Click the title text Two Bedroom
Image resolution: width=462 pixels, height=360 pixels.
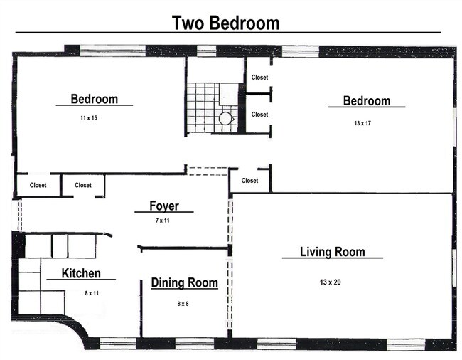(226, 23)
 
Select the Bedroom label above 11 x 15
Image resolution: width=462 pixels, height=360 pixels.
(94, 99)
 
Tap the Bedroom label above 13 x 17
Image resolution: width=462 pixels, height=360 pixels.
(366, 101)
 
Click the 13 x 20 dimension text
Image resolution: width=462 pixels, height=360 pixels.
(330, 282)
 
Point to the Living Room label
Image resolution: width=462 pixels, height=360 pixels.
(332, 252)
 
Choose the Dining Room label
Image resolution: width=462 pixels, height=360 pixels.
(184, 283)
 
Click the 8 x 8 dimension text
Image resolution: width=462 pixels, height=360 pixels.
(183, 303)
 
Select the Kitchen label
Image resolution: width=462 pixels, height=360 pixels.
(80, 273)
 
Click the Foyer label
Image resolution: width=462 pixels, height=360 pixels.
(163, 206)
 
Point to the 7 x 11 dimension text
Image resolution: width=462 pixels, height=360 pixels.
(163, 221)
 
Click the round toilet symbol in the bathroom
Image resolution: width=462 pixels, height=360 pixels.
(225, 119)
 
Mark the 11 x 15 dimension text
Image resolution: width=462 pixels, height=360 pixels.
(89, 117)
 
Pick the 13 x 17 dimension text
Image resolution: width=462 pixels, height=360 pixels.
(362, 123)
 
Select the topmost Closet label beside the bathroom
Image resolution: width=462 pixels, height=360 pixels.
(259, 78)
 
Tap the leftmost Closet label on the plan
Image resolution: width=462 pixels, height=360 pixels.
(38, 185)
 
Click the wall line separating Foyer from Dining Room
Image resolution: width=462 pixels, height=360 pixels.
(185, 248)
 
